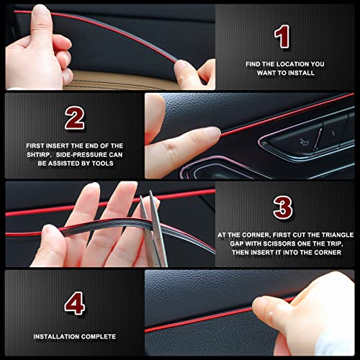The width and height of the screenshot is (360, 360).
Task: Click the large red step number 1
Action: tap(282, 36)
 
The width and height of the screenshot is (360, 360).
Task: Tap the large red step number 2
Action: tap(75, 117)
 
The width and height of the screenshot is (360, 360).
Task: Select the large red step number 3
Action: tap(283, 207)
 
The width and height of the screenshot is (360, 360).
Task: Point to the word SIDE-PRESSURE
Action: tap(81, 154)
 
